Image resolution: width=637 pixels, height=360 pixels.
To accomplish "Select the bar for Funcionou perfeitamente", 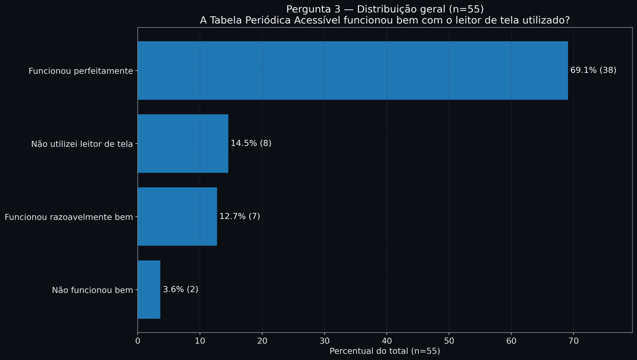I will click(352, 70).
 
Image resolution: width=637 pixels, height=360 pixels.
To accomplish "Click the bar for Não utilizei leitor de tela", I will click(183, 143).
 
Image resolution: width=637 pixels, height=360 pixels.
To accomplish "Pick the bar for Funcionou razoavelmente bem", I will click(177, 217).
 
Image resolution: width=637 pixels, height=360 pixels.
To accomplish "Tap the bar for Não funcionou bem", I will click(149, 290).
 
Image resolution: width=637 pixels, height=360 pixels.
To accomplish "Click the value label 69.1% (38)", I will click(593, 70).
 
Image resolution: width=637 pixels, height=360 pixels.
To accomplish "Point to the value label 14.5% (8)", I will click(251, 143).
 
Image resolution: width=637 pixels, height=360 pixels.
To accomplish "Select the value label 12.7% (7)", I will click(240, 217).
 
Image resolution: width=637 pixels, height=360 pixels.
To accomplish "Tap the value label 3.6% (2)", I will click(181, 290).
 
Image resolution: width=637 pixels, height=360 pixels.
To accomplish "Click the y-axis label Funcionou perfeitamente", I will click(81, 71).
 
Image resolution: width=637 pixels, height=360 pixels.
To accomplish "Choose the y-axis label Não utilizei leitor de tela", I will click(82, 144).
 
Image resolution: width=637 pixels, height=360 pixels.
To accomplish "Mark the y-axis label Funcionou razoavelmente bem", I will click(69, 217).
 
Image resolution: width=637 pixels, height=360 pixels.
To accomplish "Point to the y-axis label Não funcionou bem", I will click(92, 291).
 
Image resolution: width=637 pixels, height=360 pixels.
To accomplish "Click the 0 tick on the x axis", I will click(137, 341).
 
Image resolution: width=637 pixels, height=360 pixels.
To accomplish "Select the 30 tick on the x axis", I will click(324, 341).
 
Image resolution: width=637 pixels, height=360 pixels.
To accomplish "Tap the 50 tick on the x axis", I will click(449, 341).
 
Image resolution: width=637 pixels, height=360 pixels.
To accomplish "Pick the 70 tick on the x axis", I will click(573, 341).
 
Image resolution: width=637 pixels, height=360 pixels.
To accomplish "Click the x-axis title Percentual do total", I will click(385, 352).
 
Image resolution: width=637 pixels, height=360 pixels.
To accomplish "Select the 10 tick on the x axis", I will click(200, 341).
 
